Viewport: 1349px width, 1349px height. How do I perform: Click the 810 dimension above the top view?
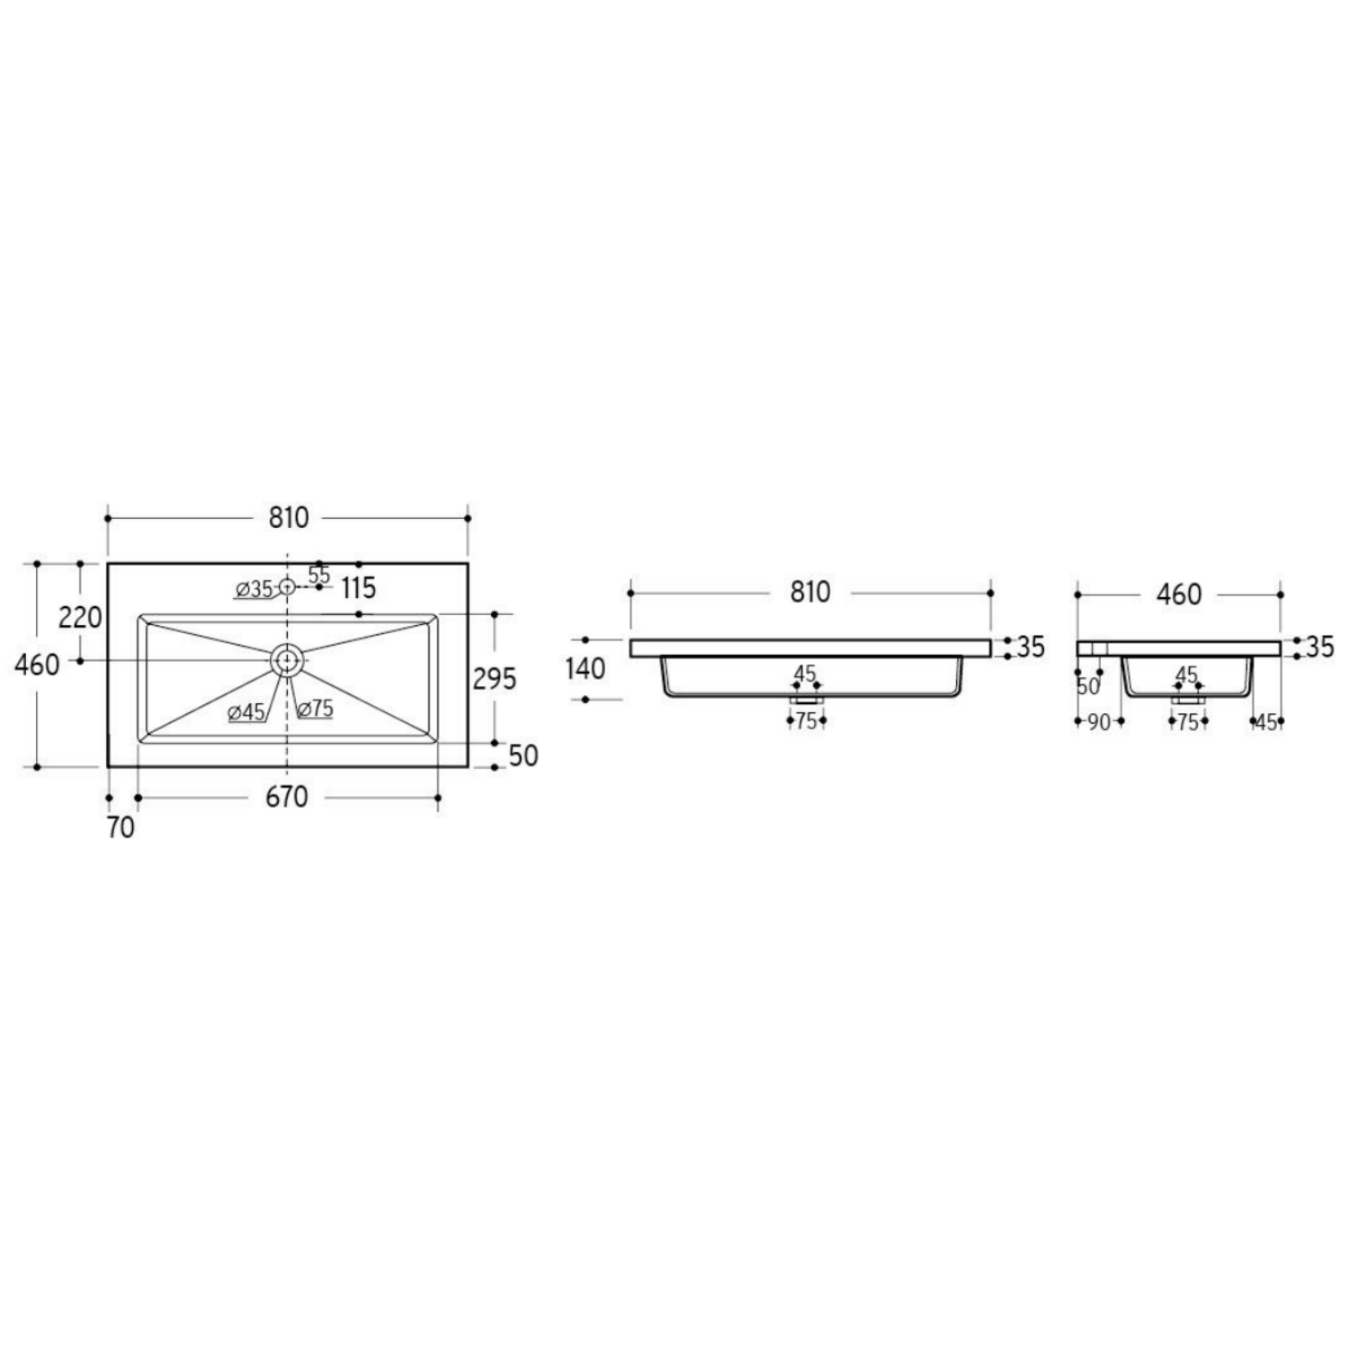288,518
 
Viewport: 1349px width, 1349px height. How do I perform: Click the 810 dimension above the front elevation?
809,593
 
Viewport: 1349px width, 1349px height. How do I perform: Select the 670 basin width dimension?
287,797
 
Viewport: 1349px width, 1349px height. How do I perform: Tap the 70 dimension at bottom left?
121,827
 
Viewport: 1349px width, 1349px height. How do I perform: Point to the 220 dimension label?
80,618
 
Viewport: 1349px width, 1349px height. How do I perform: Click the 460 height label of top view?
38,666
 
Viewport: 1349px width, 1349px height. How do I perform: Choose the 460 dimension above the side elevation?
1179,594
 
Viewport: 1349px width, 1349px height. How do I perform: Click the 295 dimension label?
495,678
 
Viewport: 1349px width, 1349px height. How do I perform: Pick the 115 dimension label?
358,588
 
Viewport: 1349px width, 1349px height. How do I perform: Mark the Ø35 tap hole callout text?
255,590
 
